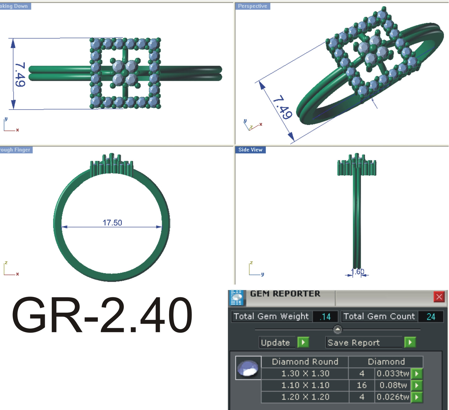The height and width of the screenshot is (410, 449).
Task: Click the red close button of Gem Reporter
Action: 439,297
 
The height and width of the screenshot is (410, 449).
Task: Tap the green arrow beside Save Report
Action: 410,342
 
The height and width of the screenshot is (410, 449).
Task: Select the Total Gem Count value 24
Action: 431,317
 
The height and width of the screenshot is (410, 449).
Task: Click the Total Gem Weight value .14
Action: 325,317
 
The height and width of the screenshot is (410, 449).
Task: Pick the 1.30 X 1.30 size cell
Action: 305,373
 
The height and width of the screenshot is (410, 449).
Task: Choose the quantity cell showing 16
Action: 361,385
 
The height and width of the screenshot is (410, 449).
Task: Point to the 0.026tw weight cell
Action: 393,397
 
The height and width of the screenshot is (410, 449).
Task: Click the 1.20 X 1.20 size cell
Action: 305,397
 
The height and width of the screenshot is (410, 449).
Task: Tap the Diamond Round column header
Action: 305,362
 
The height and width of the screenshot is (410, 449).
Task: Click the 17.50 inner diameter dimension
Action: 112,223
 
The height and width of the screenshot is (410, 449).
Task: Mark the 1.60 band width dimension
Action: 357,272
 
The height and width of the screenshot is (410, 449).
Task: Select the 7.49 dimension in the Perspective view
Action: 282,107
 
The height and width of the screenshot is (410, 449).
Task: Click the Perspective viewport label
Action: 252,6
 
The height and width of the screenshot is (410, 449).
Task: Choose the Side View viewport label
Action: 250,150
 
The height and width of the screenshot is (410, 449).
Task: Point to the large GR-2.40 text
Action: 102,315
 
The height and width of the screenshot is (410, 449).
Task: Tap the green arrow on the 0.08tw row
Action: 417,385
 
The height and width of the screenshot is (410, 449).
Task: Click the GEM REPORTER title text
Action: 285,294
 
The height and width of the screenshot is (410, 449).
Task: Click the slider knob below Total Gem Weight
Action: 337,329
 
